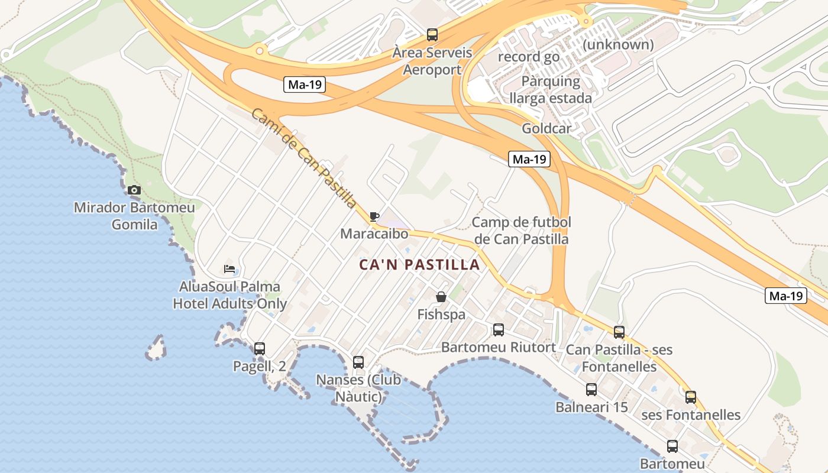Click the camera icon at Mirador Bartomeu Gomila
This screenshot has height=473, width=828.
pos(134,190)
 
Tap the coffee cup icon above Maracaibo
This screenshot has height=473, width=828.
pos(374,216)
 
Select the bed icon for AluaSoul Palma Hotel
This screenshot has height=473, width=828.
pos(229,269)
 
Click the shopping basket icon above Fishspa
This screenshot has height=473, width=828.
pos(441,297)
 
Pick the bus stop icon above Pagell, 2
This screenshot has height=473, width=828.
pos(259,349)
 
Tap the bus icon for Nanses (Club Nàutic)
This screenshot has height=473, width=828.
pos(358,362)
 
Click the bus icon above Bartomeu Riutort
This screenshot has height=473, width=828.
pos(499,330)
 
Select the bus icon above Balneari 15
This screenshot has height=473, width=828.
pos(591,390)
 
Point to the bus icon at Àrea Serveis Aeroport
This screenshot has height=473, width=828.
pos(432,35)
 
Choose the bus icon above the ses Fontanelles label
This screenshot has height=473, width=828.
pos(691,397)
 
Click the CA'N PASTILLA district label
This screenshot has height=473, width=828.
pos(420,265)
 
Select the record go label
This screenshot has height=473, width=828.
pos(529,57)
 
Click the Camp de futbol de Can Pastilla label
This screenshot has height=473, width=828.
pos(522,231)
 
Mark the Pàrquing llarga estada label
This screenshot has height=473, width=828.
pos(551,89)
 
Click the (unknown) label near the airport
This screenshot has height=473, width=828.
pos(618,44)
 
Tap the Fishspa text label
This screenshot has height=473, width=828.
pos(441,315)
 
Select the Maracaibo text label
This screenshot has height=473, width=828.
pos(374,234)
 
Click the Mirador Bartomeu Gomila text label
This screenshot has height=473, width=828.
pos(134,216)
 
